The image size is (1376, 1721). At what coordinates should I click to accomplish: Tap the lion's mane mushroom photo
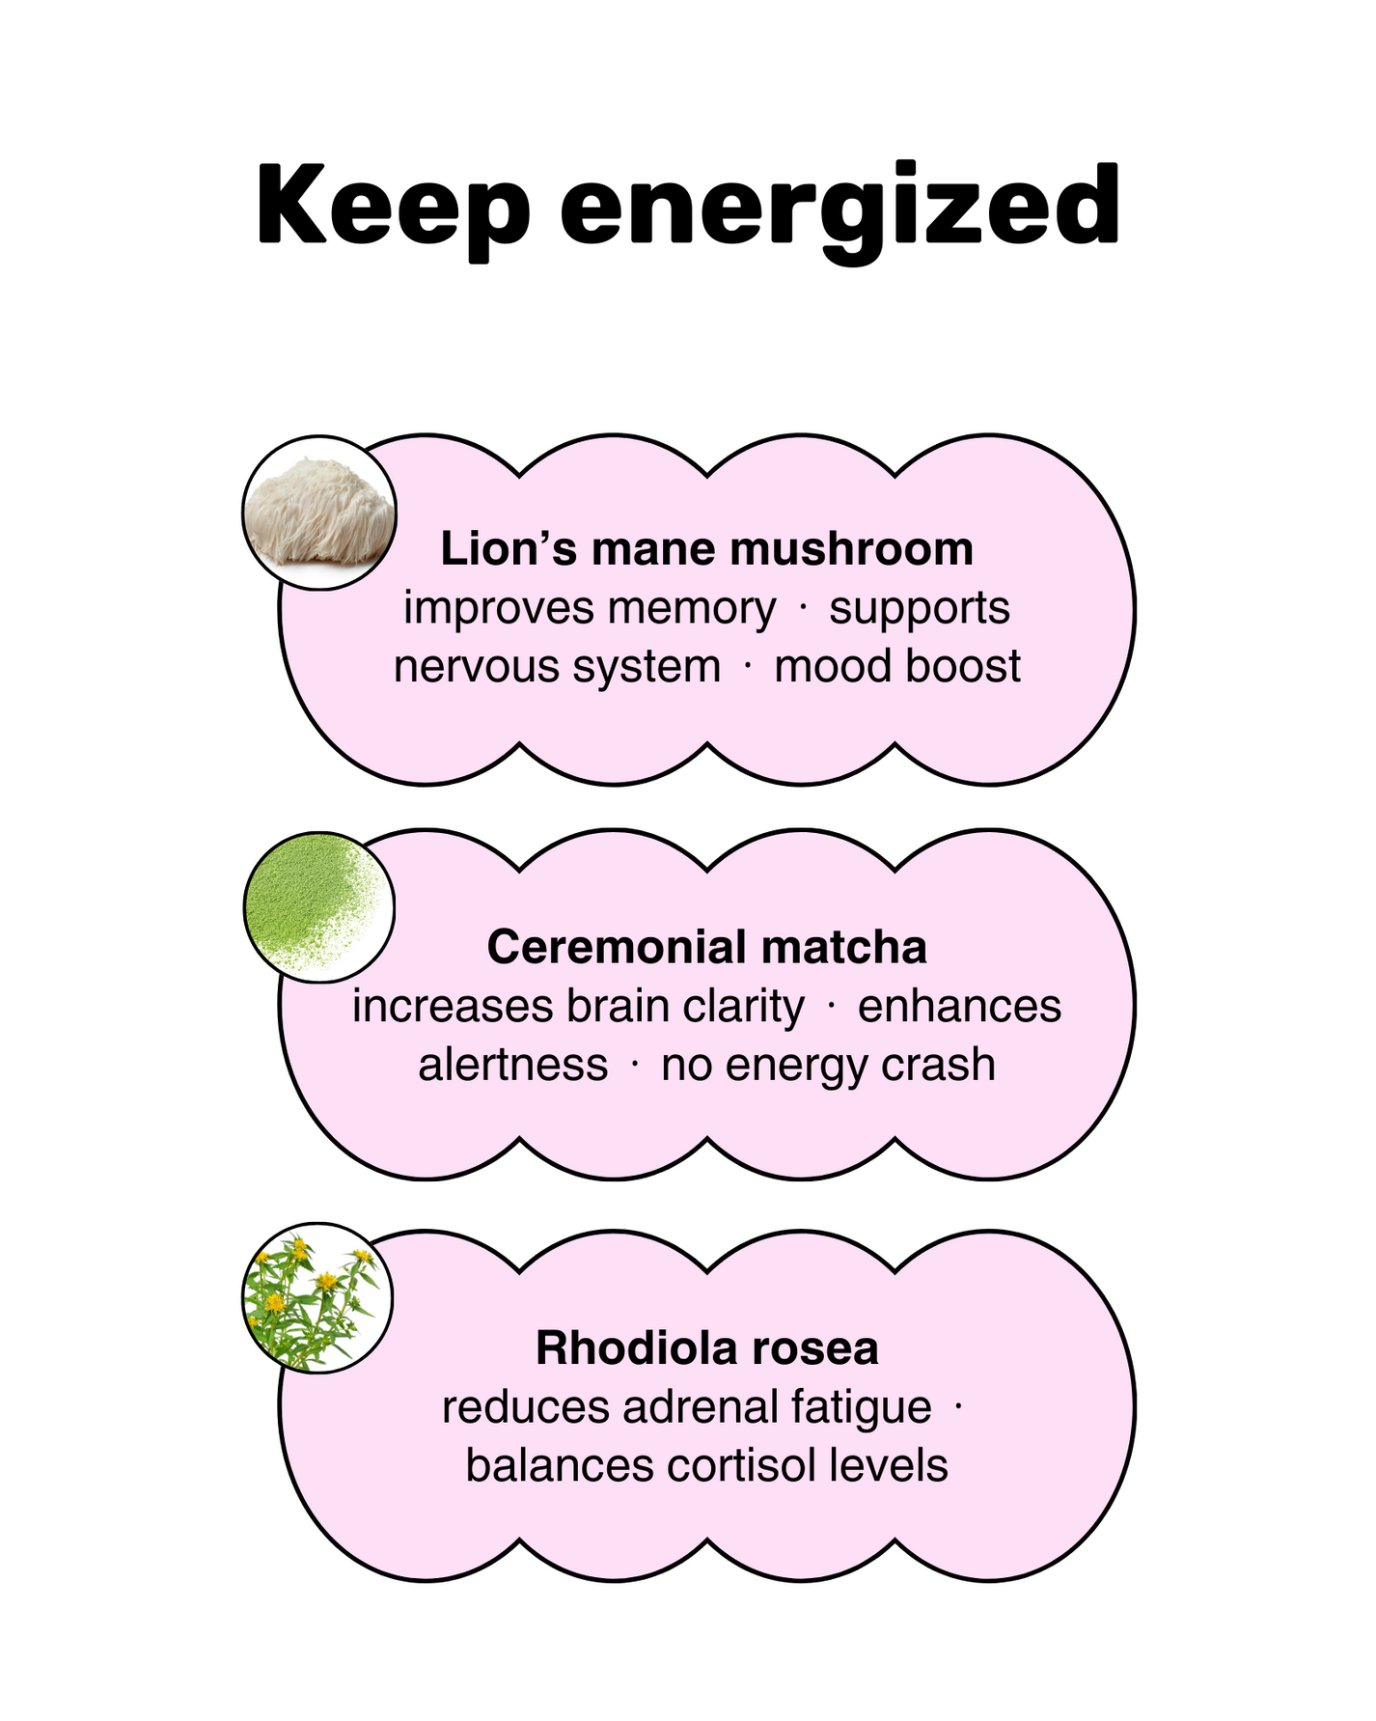pos(319,513)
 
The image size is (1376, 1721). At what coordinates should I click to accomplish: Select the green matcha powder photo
pos(318,907)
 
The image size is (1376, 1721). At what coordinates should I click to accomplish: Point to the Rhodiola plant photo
pos(316,1298)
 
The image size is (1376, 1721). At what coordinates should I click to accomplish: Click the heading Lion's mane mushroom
pos(706,548)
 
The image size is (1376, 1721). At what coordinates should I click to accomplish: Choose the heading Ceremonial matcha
pos(706,947)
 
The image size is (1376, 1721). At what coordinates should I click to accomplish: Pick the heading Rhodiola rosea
pos(706,1347)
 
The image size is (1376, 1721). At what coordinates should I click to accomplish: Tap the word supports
pos(919,608)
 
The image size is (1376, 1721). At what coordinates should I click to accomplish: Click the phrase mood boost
pos(896,667)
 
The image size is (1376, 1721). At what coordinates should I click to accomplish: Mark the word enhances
pos(959,1007)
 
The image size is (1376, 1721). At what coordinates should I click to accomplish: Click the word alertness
pos(512,1065)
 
